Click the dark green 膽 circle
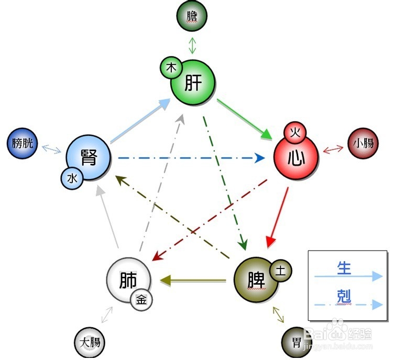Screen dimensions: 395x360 point(192,16)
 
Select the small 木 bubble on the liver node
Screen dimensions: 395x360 point(171,67)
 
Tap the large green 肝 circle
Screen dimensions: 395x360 point(193,83)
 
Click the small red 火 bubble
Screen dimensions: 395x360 point(295,132)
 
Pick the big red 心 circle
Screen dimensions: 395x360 point(297,157)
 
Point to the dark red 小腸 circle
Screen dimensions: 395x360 point(363,143)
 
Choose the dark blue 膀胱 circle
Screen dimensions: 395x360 point(22,143)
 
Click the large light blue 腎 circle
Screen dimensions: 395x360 point(88,157)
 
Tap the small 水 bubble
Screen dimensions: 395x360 point(72,178)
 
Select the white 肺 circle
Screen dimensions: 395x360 point(129,280)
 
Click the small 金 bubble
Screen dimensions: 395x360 point(141,300)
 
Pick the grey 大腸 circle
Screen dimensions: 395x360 point(90,342)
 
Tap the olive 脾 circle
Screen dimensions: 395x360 point(257,280)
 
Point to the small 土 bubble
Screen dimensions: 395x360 point(281,271)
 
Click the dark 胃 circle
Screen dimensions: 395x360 point(297,342)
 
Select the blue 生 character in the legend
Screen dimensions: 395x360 point(344,268)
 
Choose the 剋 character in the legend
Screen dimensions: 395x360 point(344,296)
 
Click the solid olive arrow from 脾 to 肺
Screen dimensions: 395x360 point(193,280)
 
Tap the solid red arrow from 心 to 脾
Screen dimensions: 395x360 point(277,217)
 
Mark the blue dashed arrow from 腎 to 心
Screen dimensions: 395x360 point(191,158)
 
